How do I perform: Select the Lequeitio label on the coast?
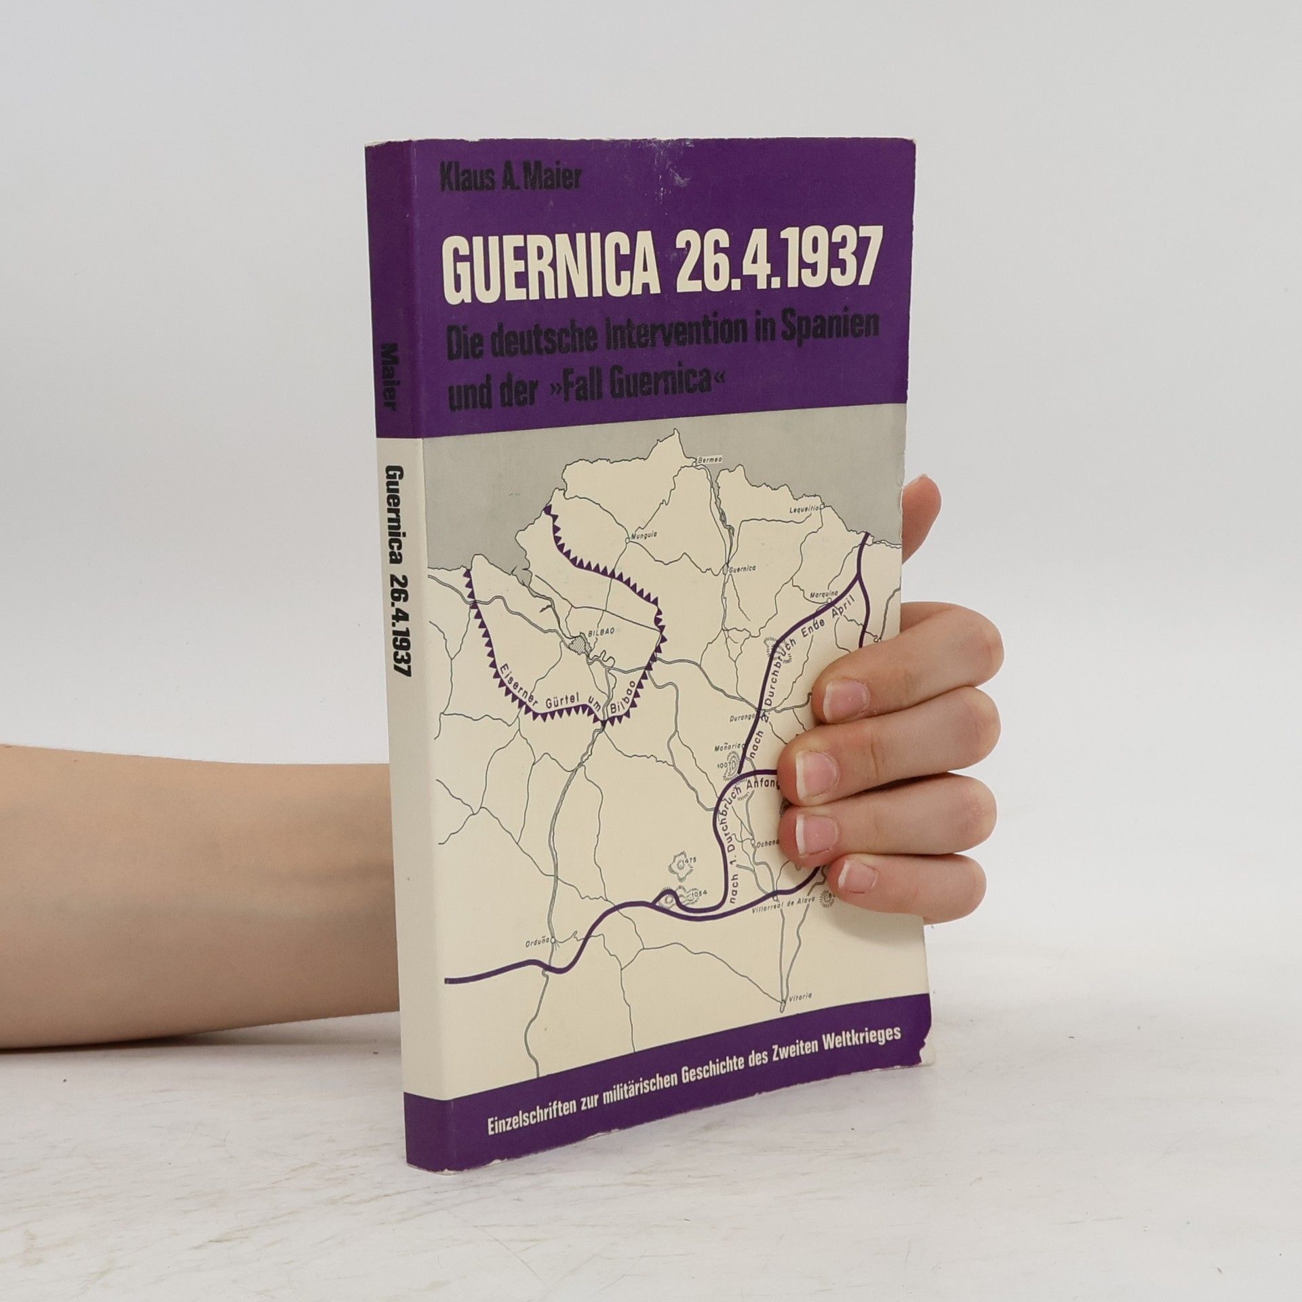pos(806,507)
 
